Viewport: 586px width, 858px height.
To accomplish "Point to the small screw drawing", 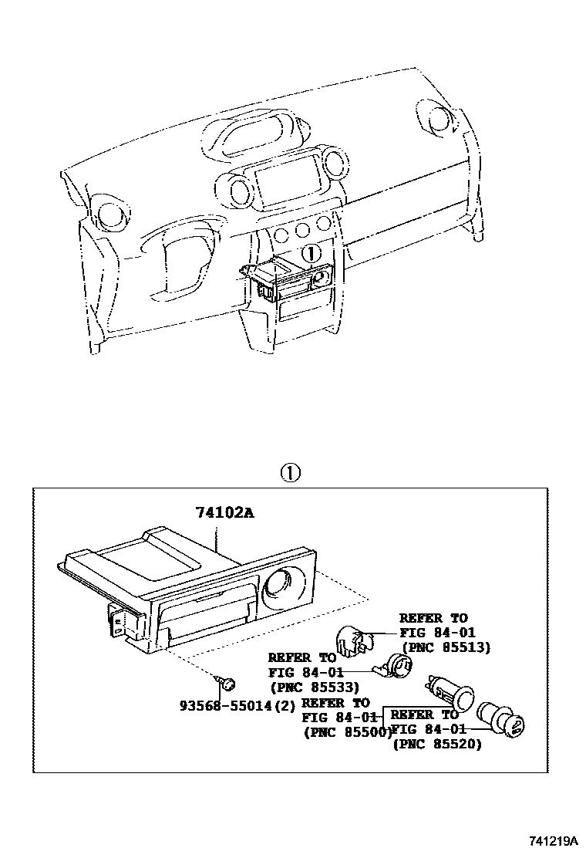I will pos(227,683).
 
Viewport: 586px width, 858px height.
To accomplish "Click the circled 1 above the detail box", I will pos(289,473).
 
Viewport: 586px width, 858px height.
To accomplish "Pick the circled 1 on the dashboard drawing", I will pos(309,252).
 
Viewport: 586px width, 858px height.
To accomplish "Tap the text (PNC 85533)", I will pos(314,686).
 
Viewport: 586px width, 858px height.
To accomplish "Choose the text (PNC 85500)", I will pos(349,731).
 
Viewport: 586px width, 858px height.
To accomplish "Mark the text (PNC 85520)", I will pos(437,745).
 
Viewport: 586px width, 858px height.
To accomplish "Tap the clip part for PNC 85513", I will pos(351,641).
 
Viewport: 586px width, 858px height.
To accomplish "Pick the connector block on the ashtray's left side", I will pos(123,620).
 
